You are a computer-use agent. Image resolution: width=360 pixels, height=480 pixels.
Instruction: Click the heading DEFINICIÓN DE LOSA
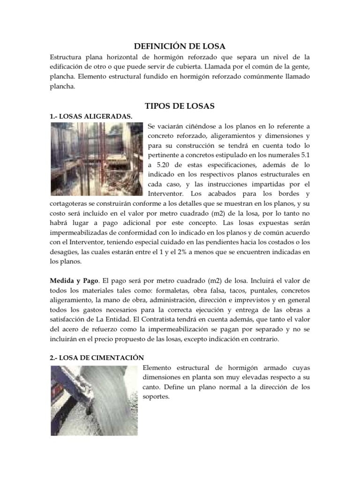click(180, 46)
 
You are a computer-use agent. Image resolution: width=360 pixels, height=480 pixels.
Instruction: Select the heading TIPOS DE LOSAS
click(180, 106)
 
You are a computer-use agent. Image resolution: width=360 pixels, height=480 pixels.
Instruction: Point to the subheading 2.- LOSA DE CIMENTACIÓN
click(97, 357)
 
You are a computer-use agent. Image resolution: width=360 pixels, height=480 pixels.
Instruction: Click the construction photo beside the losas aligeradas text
click(97, 159)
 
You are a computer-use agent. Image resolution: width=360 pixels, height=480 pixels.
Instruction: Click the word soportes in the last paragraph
click(155, 397)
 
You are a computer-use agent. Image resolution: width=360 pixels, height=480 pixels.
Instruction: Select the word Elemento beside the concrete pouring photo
click(158, 367)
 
